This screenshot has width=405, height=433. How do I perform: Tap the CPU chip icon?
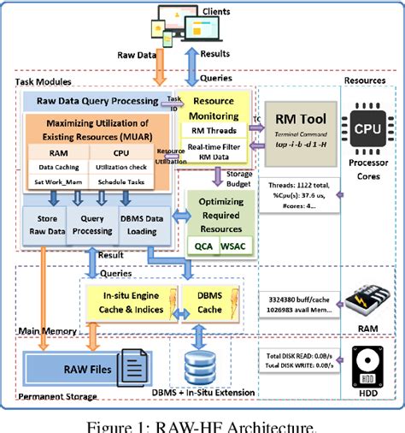click(360, 128)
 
